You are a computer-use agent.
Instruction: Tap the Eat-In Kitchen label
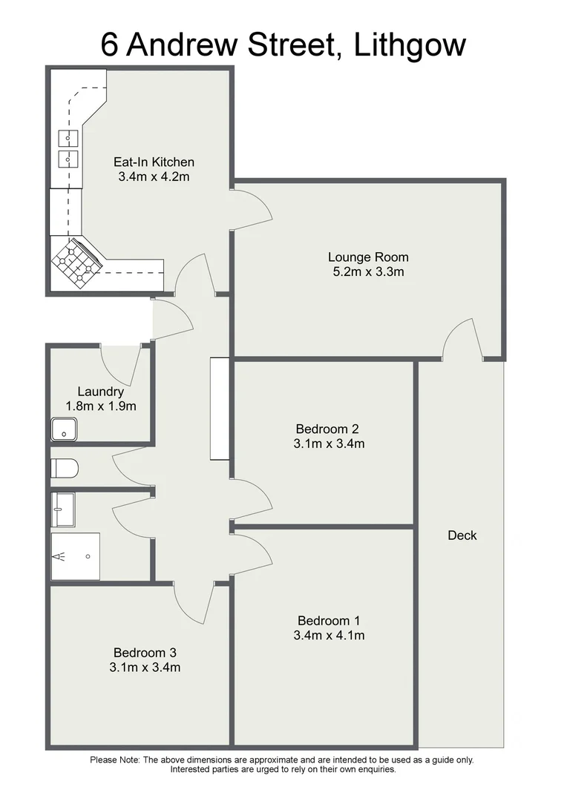[154, 162]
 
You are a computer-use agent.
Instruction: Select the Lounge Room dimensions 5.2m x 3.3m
[368, 271]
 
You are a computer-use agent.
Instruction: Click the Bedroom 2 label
[327, 429]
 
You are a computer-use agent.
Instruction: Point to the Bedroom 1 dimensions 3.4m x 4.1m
[330, 635]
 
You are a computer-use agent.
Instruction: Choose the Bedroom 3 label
[145, 653]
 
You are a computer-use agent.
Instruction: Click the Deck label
[462, 535]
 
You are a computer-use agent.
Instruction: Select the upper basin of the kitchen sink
[68, 137]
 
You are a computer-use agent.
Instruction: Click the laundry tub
[64, 428]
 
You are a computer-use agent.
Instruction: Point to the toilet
[64, 469]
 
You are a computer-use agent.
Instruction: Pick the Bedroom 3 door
[192, 602]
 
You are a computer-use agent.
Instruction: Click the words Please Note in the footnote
[115, 759]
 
